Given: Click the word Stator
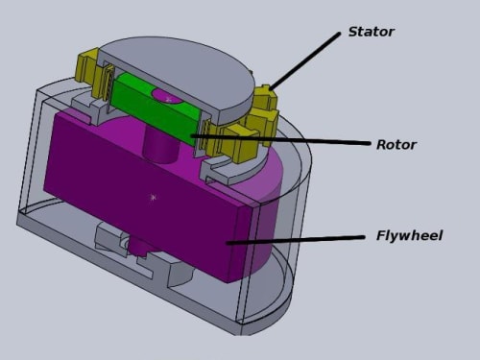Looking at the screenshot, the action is (372, 32).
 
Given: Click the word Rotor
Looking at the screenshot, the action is (396, 145).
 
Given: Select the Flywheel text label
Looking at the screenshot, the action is (409, 235).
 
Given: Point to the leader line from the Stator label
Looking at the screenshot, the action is (305, 60).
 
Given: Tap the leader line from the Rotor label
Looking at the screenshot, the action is (280, 140).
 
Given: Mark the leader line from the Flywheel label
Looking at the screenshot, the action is (296, 240).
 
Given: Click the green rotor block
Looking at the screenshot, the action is (156, 108).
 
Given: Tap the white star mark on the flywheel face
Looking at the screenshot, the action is (153, 198).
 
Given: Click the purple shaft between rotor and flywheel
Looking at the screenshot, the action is (160, 146).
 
